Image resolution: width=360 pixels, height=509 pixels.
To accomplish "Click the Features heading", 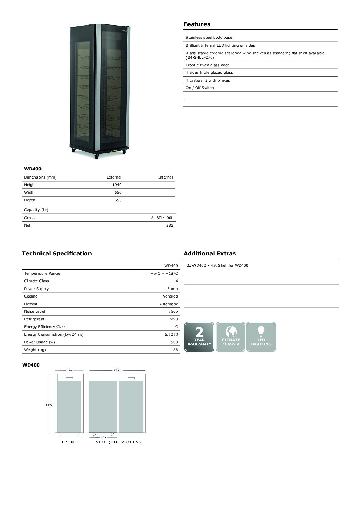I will point(197,24).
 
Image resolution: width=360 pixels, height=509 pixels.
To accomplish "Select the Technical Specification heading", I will point(56,253).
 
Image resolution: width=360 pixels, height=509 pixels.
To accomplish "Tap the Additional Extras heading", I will point(210,253).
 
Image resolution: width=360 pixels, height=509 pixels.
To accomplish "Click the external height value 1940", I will point(117,185).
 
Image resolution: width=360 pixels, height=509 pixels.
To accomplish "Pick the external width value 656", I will point(118,192).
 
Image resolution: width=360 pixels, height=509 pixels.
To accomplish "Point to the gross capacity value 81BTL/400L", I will point(162,218).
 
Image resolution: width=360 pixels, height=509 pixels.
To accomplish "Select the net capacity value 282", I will point(170,225).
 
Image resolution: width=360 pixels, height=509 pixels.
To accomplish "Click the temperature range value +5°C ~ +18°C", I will point(164,273).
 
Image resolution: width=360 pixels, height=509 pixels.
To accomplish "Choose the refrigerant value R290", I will point(173,319).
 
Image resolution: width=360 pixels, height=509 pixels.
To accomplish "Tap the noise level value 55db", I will point(173,311).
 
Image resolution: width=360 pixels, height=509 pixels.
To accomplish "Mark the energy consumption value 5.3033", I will point(171,334).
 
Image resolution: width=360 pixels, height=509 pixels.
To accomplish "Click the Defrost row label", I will point(31,304).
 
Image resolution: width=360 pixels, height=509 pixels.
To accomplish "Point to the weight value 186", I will point(174,350).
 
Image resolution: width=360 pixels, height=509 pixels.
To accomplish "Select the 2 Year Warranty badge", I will point(199,337).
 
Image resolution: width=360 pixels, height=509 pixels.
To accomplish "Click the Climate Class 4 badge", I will point(230,337).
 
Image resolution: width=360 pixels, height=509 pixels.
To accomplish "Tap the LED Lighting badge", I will point(261,337).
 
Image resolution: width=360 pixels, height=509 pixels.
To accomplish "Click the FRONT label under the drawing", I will point(69,442).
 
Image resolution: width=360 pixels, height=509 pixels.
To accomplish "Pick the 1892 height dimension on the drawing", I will point(49,405).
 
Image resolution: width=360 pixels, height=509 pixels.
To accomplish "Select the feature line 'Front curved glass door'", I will point(207,65).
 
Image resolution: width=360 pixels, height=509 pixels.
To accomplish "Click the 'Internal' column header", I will point(165,177).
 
